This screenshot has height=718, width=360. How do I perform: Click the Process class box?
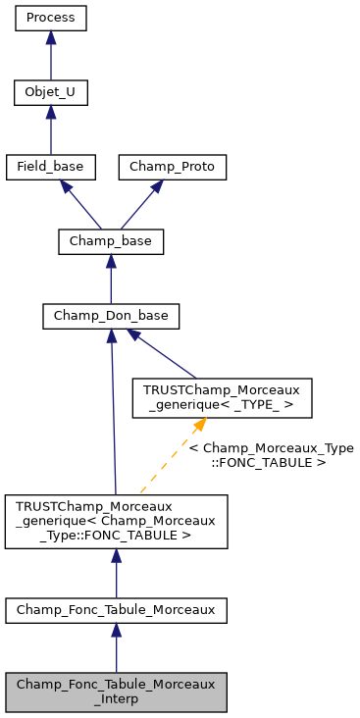(x=51, y=18)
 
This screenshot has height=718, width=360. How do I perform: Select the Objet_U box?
(x=51, y=93)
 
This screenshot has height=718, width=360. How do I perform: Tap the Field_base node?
(x=51, y=167)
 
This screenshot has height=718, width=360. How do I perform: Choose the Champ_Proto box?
(x=173, y=167)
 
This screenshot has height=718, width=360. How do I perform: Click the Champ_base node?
(x=111, y=241)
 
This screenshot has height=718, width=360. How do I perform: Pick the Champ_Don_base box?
(x=111, y=316)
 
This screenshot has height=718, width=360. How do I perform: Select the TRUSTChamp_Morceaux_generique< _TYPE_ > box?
(x=209, y=397)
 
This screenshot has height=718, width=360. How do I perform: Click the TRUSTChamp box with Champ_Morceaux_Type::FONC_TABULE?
(x=116, y=521)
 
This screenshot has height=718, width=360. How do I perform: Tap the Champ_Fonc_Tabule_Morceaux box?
(x=116, y=610)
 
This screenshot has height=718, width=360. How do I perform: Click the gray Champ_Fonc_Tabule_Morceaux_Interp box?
(x=116, y=692)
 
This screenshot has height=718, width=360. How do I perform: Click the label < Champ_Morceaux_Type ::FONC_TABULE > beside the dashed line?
(x=271, y=454)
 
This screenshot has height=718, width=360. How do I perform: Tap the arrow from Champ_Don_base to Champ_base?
(x=111, y=279)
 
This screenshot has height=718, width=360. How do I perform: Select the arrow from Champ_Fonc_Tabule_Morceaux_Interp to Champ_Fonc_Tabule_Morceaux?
(x=116, y=648)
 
